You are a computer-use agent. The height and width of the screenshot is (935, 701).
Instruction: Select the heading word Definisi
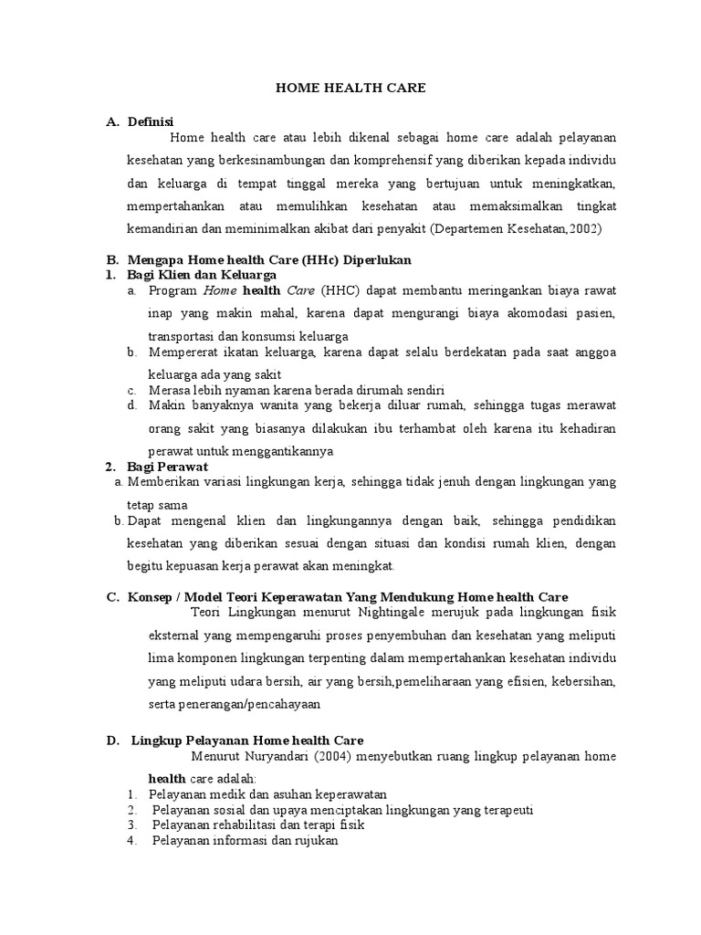[x=151, y=121]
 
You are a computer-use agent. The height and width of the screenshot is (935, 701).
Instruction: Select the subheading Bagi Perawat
[x=168, y=466]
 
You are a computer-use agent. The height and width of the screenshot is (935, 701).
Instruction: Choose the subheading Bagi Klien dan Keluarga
[x=202, y=274]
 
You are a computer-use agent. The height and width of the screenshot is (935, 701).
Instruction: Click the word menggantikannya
[x=284, y=451]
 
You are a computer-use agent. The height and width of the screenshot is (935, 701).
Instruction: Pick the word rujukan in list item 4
[x=314, y=841]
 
